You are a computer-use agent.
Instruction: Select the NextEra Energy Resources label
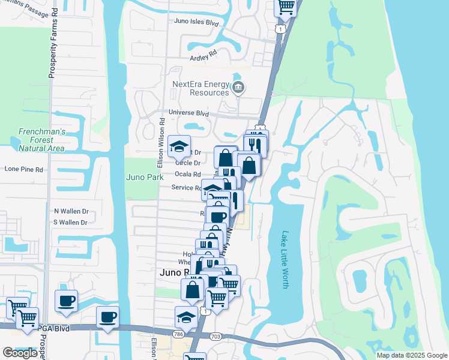[200, 89]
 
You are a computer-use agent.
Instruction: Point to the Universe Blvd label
[188, 112]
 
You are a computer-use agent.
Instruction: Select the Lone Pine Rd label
[24, 169]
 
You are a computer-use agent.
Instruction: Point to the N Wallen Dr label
[71, 211]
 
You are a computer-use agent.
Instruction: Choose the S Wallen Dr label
[70, 223]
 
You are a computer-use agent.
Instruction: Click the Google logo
[20, 353]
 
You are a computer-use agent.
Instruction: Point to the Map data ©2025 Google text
[412, 355]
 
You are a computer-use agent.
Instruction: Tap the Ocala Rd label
[187, 174]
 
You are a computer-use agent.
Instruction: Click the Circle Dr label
[187, 163]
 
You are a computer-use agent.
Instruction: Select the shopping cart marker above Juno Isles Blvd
[286, 8]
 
